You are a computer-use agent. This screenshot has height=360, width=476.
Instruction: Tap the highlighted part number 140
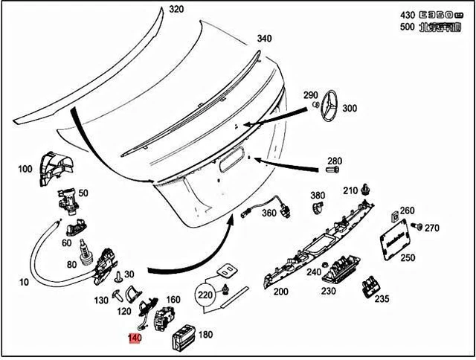[x=135, y=338]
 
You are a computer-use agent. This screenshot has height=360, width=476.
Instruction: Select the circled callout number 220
[x=209, y=295]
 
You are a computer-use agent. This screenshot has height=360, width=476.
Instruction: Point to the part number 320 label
[x=175, y=10]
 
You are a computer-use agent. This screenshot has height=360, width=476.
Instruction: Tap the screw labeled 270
[x=419, y=225]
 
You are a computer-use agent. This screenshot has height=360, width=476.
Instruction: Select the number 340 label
[x=265, y=39]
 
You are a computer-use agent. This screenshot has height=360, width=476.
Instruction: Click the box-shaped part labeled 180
[x=183, y=343]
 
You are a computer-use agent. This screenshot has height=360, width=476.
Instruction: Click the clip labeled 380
[x=317, y=209]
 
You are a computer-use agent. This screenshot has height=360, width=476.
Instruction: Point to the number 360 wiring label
[x=268, y=213]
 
